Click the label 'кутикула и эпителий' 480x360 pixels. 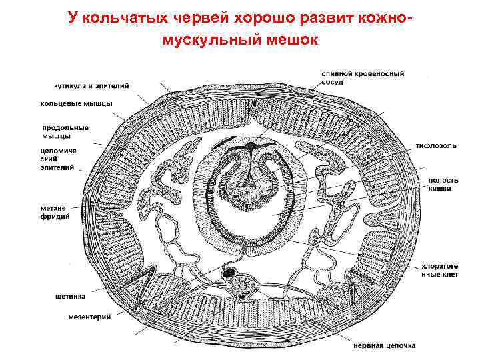(x=91, y=85)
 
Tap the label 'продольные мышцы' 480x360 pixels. (x=65, y=131)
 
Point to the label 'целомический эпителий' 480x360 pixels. (x=59, y=159)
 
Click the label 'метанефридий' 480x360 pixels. (x=57, y=211)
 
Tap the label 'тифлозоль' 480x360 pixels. (x=437, y=145)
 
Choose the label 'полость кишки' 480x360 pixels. (x=441, y=184)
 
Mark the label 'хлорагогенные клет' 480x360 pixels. (x=440, y=270)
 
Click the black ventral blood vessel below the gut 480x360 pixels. (x=229, y=273)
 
